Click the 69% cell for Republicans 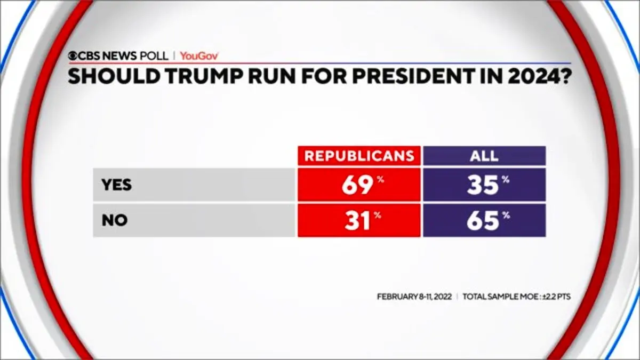click(x=359, y=185)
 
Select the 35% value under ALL click(x=484, y=185)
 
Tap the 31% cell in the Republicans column click(x=359, y=220)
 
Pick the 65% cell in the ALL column click(x=484, y=220)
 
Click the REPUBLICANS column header click(x=359, y=156)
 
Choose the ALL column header click(x=484, y=156)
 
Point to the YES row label click(x=117, y=185)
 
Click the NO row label click(x=115, y=220)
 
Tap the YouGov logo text click(x=199, y=56)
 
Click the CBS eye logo click(x=73, y=55)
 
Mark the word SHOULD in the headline click(x=114, y=76)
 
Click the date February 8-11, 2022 click(x=414, y=297)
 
